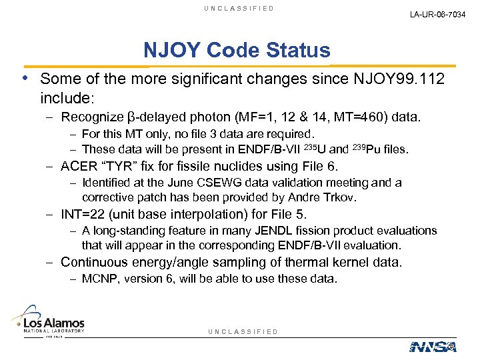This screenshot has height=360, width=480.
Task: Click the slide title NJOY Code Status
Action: coord(237,50)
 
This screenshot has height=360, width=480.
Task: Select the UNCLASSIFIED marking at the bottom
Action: coord(243,332)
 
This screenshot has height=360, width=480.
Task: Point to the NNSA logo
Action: coord(433,346)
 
